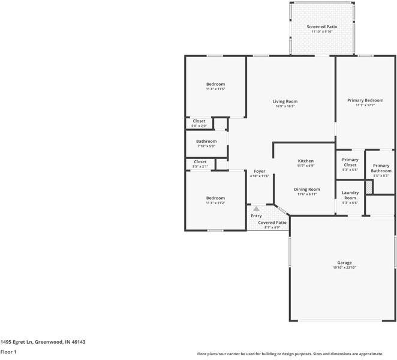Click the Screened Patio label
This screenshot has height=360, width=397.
[322, 27]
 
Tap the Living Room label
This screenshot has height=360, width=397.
[286, 101]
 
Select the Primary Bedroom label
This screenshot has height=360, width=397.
[365, 100]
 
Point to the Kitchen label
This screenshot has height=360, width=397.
[306, 161]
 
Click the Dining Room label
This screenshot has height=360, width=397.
[306, 190]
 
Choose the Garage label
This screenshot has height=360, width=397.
[344, 263]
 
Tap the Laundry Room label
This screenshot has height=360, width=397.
[350, 196]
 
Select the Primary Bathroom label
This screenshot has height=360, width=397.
[381, 168]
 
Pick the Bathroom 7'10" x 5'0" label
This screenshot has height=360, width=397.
[206, 142]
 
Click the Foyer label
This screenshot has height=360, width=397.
[259, 172]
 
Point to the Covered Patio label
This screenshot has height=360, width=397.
[272, 223]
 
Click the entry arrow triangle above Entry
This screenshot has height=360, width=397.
[256, 209]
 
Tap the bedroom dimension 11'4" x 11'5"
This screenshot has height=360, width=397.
[215, 89]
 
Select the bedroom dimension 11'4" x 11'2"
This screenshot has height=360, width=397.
[215, 203]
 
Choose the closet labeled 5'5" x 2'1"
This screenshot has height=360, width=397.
[200, 164]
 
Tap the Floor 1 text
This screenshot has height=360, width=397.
[8, 352]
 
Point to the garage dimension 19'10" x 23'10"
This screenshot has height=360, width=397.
[344, 268]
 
